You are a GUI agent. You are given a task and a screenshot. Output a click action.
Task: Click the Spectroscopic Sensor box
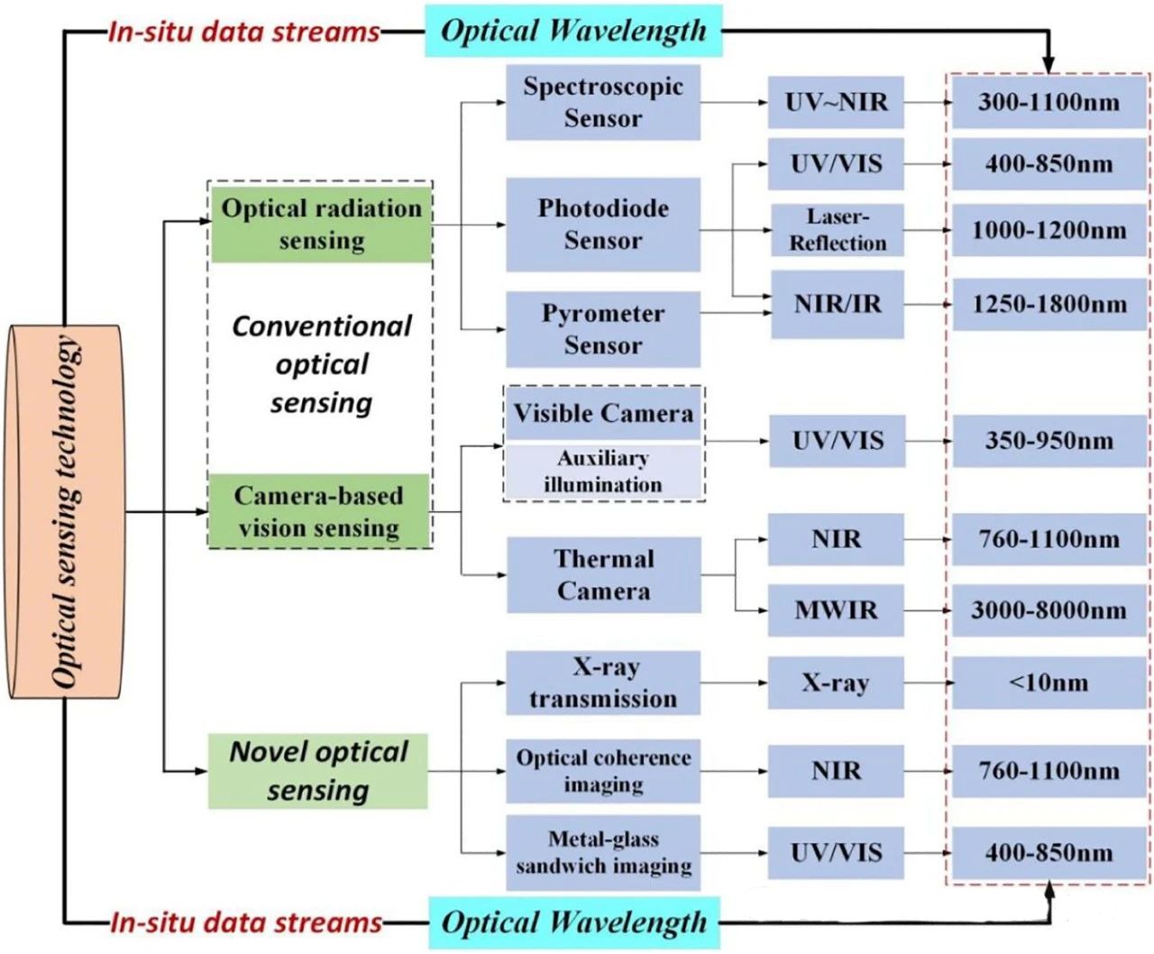click(602, 102)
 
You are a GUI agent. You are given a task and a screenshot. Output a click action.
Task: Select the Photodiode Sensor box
click(602, 225)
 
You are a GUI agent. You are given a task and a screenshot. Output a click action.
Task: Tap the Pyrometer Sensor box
click(602, 329)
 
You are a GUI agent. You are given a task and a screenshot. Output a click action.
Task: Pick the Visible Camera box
click(602, 414)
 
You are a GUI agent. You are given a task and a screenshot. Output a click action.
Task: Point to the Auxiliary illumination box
click(602, 472)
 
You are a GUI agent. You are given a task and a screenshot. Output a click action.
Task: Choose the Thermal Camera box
click(602, 575)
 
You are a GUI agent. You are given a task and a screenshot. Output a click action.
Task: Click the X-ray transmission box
click(602, 683)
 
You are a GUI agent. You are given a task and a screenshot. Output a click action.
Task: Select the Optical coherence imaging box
click(602, 771)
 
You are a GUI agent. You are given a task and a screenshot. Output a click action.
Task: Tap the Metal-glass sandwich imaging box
click(602, 852)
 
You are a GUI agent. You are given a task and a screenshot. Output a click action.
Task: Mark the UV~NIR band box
click(836, 102)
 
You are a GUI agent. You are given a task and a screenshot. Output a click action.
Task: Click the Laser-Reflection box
click(837, 230)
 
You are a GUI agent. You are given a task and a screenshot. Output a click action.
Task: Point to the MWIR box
click(836, 610)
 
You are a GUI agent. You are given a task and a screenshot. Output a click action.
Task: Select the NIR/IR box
click(837, 304)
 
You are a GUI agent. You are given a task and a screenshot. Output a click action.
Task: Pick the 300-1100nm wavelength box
click(1049, 102)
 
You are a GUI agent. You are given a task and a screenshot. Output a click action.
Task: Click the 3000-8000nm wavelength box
click(1049, 610)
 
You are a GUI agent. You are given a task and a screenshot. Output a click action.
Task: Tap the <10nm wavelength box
click(1049, 683)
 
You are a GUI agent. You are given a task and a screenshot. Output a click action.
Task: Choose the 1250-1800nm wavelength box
click(1049, 304)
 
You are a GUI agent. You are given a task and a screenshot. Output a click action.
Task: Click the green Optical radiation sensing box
click(321, 224)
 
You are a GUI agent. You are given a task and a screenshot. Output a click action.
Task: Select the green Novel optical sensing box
click(317, 771)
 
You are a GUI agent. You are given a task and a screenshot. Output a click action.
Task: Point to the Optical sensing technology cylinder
click(64, 512)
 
